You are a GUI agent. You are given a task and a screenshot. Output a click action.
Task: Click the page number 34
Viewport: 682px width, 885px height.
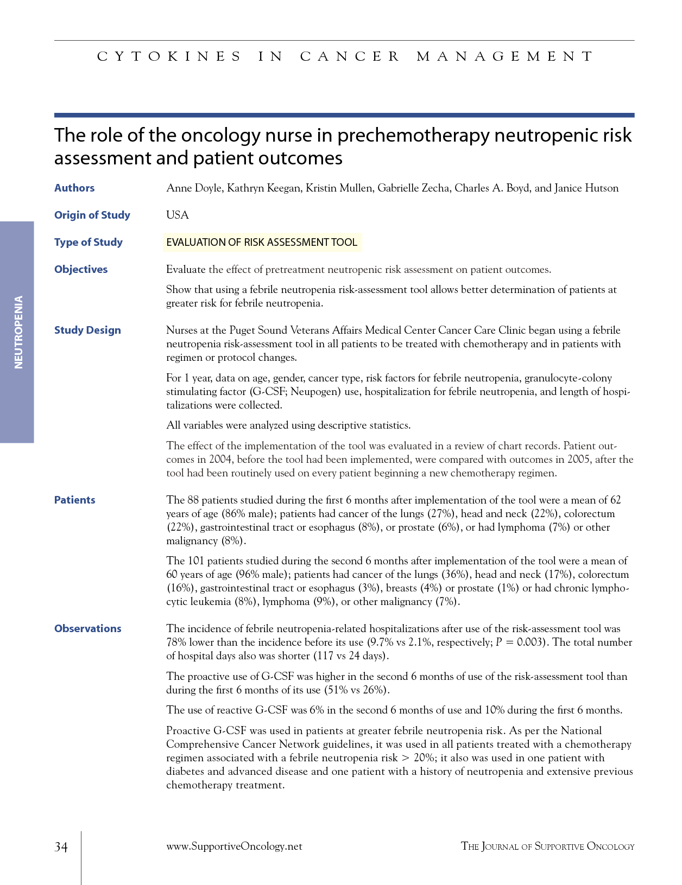click(61, 847)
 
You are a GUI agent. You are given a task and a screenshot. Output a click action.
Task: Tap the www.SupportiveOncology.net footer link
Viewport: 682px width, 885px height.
click(234, 846)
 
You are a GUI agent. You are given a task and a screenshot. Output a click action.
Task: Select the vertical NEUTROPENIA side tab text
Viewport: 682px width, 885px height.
click(18, 332)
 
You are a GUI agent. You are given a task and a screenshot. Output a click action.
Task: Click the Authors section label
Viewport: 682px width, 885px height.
click(74, 188)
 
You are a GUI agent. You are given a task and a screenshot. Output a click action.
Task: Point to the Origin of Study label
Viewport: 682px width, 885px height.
click(92, 215)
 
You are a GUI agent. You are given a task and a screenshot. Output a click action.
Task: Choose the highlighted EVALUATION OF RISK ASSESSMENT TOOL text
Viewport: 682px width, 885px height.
click(262, 242)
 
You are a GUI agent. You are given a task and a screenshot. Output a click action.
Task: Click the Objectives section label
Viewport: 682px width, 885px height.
click(81, 269)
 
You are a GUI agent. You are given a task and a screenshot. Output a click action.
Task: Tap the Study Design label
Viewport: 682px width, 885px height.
click(87, 330)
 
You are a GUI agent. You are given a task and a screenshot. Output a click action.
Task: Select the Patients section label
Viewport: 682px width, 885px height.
click(75, 500)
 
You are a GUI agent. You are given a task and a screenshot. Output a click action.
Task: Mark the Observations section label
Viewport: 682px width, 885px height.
click(88, 628)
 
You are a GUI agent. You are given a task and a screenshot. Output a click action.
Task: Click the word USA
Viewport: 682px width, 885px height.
click(178, 215)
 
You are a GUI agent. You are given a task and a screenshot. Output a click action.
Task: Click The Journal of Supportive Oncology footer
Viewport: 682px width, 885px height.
click(547, 846)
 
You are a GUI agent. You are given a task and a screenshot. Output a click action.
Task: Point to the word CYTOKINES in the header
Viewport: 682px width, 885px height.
click(169, 56)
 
